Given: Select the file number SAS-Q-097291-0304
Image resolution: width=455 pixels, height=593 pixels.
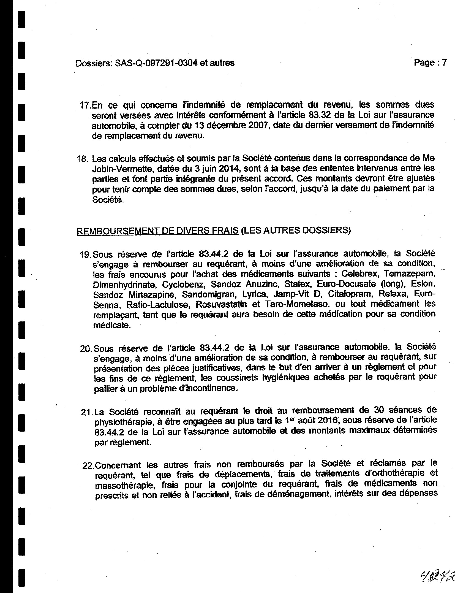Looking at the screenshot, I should (x=156, y=63).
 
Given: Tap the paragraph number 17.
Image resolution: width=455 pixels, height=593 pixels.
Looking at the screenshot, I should (x=85, y=105).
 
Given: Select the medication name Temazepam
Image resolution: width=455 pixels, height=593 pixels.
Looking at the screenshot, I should (x=409, y=274).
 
